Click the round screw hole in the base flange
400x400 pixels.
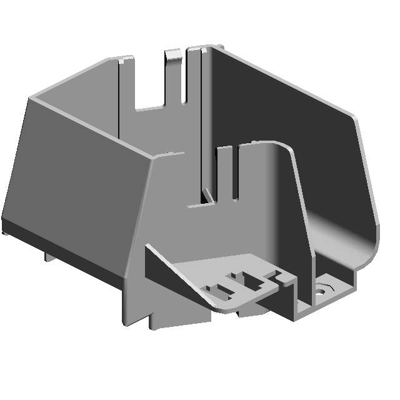coord(323,289)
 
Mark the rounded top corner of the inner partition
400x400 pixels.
coord(281,147)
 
